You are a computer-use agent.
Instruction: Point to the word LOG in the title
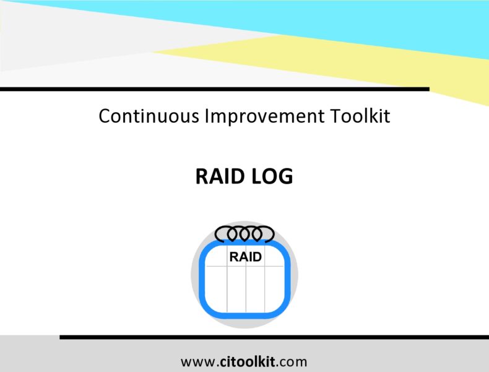(x=272, y=177)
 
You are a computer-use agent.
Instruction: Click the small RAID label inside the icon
(x=245, y=257)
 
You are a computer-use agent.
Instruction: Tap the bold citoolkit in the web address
(x=246, y=361)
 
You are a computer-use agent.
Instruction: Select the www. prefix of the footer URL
(x=198, y=361)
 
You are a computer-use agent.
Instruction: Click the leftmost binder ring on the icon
(x=223, y=234)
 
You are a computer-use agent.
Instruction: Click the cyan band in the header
(x=371, y=22)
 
